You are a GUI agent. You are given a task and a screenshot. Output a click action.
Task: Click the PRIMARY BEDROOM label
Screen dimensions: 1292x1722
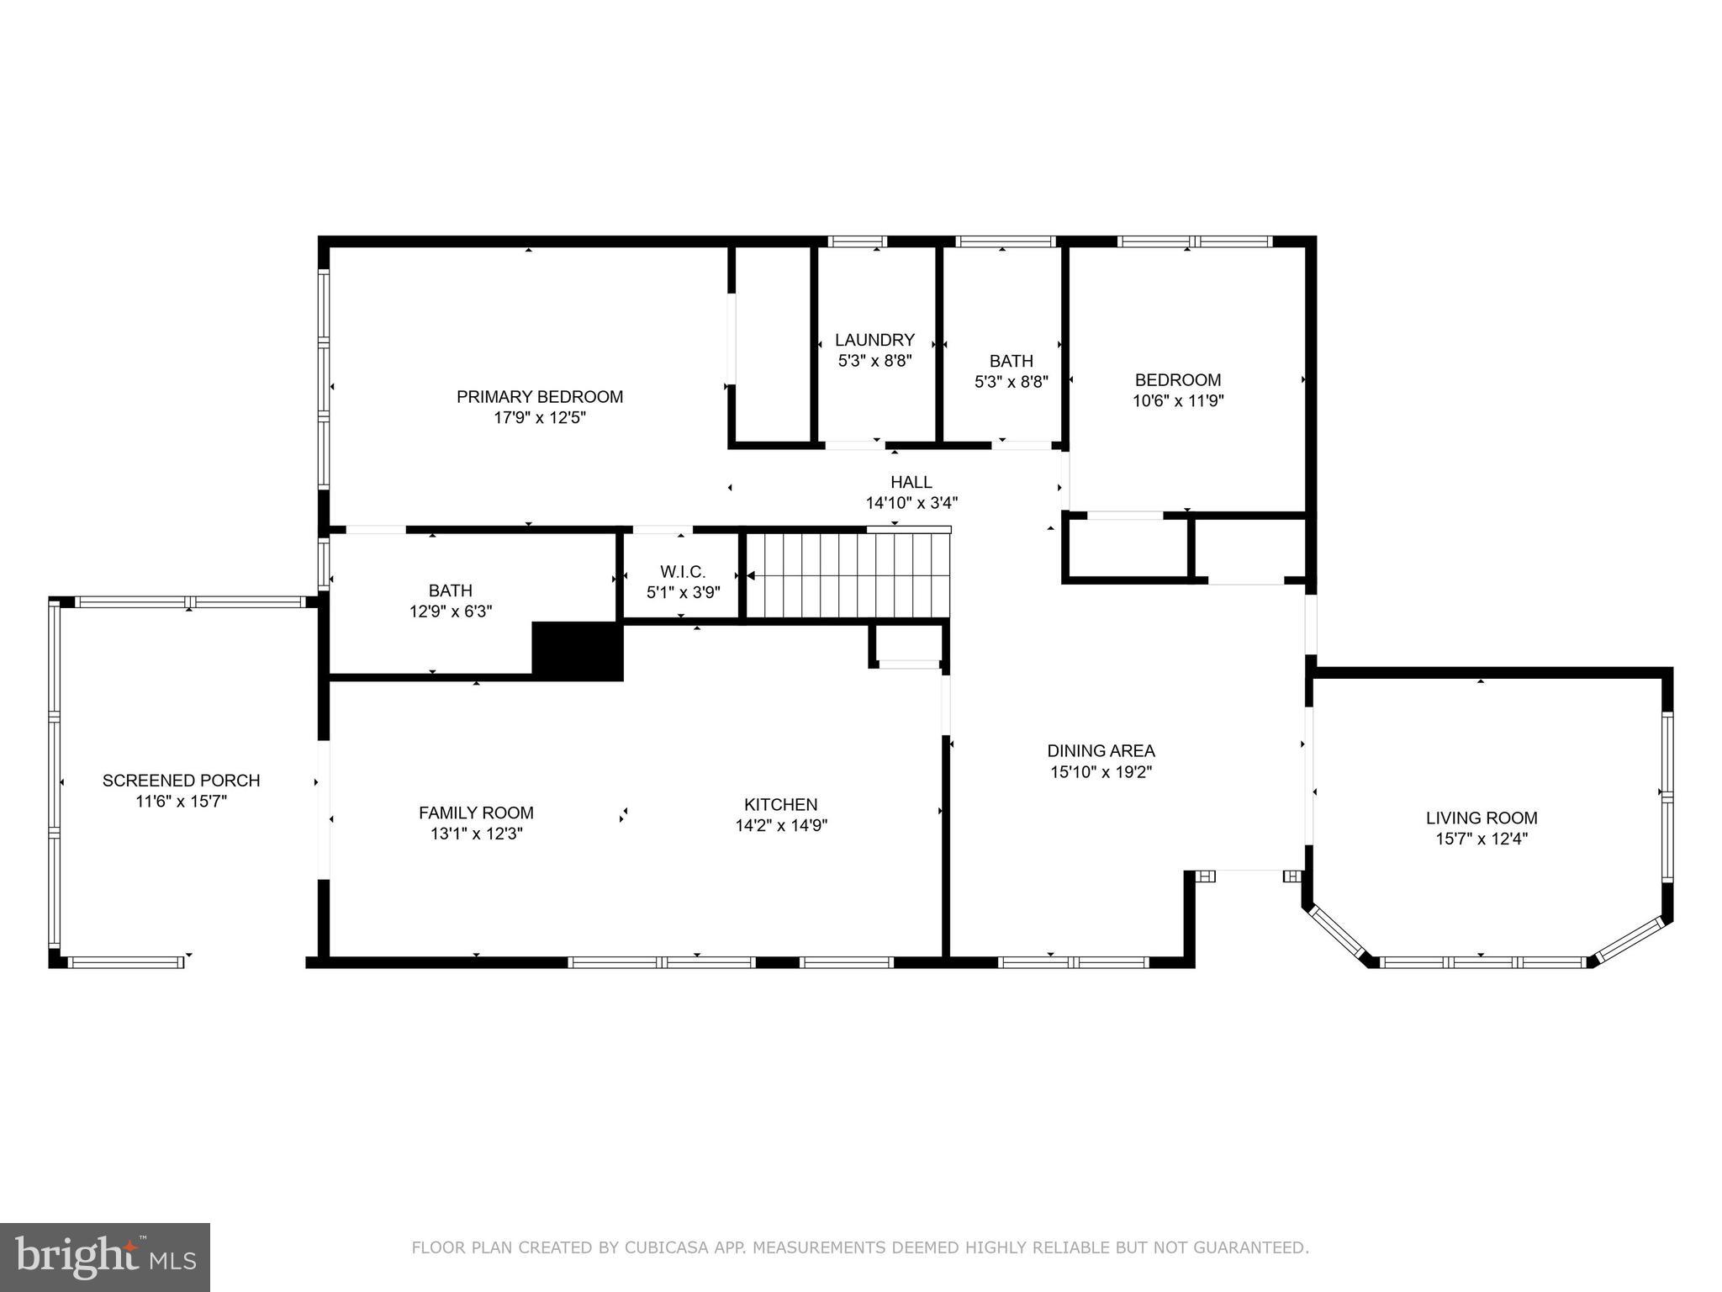[540, 396]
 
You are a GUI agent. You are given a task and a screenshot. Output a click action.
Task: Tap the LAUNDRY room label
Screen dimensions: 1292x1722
[874, 340]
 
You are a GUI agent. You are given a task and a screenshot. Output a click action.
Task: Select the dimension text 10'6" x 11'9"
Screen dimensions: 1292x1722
[1177, 401]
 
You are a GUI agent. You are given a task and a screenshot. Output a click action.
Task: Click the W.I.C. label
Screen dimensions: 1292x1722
[682, 572]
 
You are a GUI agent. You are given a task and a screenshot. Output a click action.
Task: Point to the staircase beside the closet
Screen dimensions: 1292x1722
[848, 576]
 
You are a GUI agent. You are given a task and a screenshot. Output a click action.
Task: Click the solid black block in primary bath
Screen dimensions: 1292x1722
[578, 651]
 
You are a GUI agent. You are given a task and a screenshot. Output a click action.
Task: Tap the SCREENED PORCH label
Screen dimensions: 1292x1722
[181, 781]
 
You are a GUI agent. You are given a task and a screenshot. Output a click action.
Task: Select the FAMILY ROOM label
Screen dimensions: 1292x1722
[476, 813]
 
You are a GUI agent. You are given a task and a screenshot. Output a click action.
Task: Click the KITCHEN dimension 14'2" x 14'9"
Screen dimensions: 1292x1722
[781, 826]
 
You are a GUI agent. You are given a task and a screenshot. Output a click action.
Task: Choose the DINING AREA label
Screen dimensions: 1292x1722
[1101, 750]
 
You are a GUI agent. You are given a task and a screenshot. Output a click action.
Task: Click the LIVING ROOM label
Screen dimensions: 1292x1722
[1481, 818]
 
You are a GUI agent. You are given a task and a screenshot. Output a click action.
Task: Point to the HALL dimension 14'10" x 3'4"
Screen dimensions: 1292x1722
[911, 503]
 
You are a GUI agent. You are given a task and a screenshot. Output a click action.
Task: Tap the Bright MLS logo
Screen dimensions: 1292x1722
[105, 1257]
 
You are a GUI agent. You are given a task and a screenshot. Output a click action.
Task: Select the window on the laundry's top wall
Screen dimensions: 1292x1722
[857, 241]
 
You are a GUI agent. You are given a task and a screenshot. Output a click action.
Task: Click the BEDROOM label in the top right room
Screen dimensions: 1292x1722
[1177, 380]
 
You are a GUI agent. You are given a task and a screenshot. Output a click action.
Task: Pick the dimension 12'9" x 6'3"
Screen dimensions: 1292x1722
[451, 612]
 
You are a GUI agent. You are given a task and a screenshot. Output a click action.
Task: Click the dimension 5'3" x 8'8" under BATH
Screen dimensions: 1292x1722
[1011, 382]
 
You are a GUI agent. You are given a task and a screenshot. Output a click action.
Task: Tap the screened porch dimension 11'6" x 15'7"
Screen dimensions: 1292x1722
[181, 802]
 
